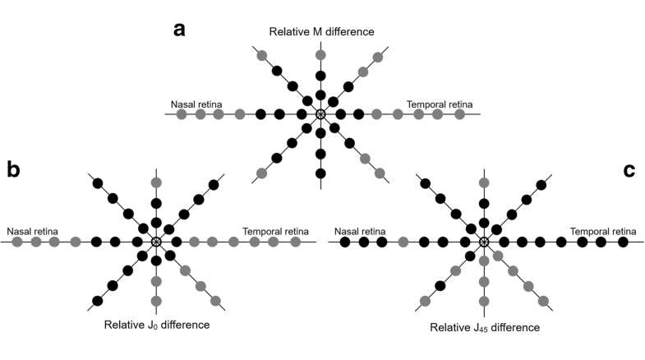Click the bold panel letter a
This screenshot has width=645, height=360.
coord(180,30)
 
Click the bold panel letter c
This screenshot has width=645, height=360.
coord(629,169)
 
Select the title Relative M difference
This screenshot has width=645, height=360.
coord(321,31)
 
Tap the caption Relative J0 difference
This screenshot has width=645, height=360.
coord(157,325)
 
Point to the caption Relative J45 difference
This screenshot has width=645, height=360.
coord(485,327)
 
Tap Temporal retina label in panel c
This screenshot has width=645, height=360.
coord(603,231)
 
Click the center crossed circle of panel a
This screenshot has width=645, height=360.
coord(320,113)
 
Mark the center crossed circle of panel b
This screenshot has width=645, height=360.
coord(156,242)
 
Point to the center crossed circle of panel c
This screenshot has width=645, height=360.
coord(484,242)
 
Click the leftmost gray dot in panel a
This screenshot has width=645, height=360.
coord(181,113)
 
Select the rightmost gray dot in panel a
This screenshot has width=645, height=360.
coord(458,113)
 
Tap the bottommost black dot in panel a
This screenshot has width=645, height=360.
coord(320,173)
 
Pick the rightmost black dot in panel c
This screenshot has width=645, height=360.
coord(623,242)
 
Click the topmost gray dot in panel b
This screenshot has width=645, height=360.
coord(156,182)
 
